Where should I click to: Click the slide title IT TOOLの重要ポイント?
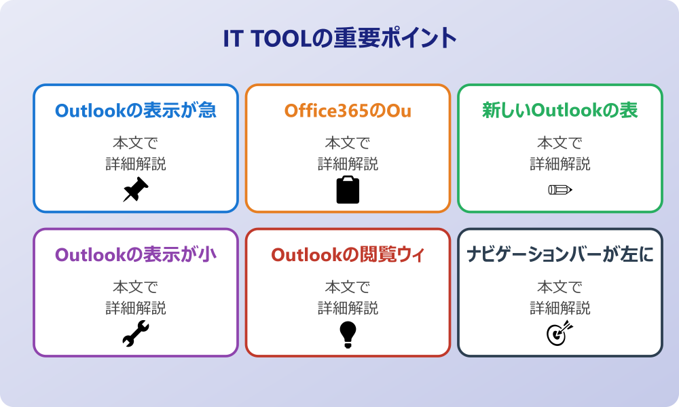(340, 38)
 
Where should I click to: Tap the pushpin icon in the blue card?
(136, 189)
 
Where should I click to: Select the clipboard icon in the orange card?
(348, 189)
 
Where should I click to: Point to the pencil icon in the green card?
(560, 189)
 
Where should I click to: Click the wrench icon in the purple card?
(136, 334)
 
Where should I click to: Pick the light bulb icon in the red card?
(348, 334)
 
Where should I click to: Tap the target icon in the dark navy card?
(560, 334)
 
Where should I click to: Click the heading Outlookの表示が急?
(136, 111)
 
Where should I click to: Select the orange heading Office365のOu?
(348, 111)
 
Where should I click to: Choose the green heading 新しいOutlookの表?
(560, 111)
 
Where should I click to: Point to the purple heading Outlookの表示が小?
(136, 254)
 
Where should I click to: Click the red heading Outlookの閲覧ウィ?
(348, 254)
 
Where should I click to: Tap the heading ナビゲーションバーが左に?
(560, 254)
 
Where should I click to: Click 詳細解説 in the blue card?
(136, 164)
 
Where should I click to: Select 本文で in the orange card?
(348, 142)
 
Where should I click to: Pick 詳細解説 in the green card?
(560, 164)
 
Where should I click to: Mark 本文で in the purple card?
(136, 287)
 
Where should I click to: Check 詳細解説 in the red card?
(348, 308)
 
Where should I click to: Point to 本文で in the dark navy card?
(560, 287)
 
